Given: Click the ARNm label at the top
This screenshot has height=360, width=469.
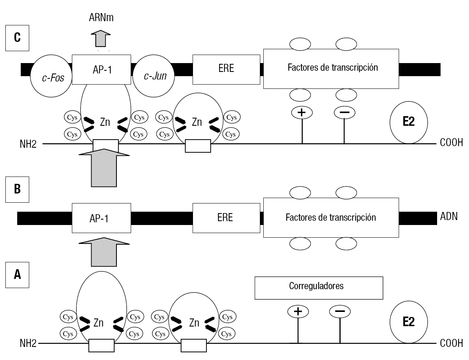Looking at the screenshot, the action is [x=101, y=17].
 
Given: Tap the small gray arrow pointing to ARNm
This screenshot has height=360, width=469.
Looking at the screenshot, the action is [x=101, y=38].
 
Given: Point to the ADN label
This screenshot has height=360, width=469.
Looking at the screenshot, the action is [x=449, y=216].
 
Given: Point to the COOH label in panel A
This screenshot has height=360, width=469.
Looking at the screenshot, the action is [x=451, y=343].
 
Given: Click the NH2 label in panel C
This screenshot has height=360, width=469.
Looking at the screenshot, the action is [x=28, y=144].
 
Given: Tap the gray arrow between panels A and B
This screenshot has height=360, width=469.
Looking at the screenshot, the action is [x=104, y=252].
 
